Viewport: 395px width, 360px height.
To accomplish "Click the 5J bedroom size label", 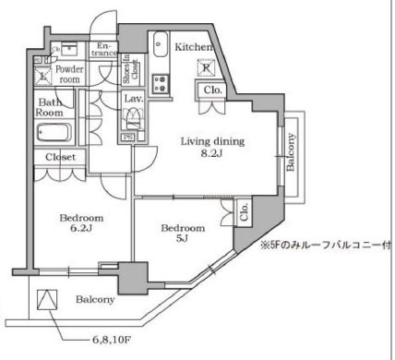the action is (x=181, y=242).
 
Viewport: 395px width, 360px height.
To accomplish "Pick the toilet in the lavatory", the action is (x=132, y=119).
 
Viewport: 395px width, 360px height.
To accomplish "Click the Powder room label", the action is (x=69, y=74).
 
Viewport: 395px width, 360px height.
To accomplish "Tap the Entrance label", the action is (x=104, y=48).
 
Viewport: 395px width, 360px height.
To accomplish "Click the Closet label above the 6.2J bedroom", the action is (x=62, y=157).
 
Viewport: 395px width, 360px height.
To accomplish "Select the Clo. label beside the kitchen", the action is (x=211, y=90).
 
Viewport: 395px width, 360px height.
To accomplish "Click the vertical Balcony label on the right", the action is (x=293, y=152).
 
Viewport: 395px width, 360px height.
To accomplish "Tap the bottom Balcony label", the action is (x=95, y=300).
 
